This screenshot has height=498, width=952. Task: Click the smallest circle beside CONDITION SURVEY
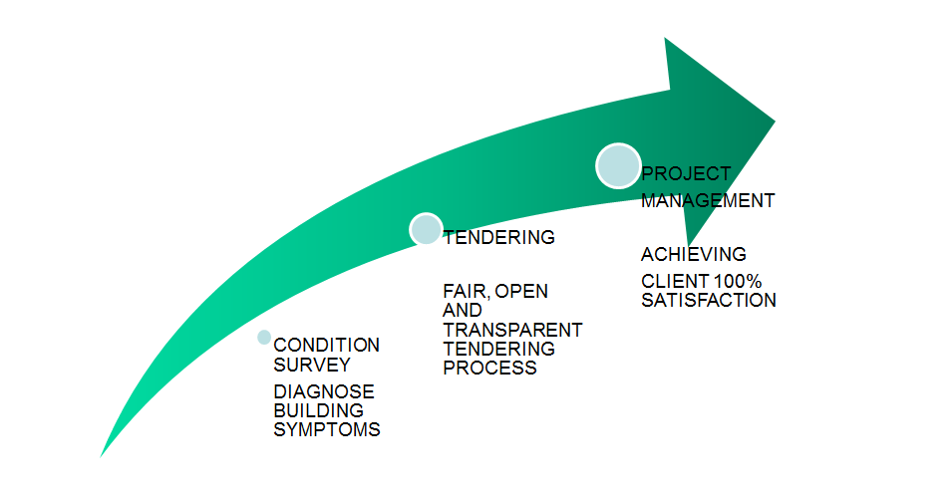coord(264,338)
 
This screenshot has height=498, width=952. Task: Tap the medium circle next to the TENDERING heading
coord(426,229)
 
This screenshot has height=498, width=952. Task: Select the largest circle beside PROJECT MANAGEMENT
coord(618,165)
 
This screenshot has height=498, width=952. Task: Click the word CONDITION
coord(327,346)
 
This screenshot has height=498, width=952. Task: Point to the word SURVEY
coord(312,365)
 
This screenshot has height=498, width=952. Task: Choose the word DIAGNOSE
coord(324,391)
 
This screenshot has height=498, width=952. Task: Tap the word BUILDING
coord(319,410)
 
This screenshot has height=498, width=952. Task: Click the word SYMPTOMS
coord(327,429)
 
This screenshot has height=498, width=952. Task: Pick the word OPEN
coord(521,291)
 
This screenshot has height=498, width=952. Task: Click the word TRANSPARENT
coord(513,330)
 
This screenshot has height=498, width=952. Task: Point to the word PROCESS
coord(490,368)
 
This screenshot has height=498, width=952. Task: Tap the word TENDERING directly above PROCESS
coord(499,349)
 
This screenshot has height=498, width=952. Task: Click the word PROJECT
coord(686,174)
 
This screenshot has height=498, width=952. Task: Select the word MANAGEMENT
coord(708,201)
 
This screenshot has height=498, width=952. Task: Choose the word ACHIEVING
coord(694,254)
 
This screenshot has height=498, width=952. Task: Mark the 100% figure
coord(738,282)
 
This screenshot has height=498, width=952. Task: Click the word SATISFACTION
coord(709,300)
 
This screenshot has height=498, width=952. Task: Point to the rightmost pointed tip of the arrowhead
coord(775,122)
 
